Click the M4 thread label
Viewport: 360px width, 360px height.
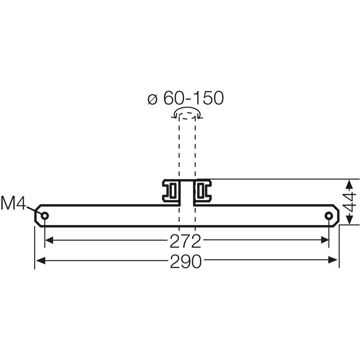(13, 203)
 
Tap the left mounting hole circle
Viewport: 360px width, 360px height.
(45, 216)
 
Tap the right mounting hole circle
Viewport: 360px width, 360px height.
(329, 216)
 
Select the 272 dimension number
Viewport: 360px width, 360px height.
(185, 241)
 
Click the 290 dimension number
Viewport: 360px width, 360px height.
(186, 261)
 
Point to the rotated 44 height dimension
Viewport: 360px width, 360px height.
(349, 202)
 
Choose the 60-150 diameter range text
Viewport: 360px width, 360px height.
(193, 98)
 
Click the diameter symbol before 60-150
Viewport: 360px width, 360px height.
(153, 99)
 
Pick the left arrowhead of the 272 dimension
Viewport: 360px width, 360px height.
(49, 240)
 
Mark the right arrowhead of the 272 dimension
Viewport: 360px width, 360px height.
(324, 240)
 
